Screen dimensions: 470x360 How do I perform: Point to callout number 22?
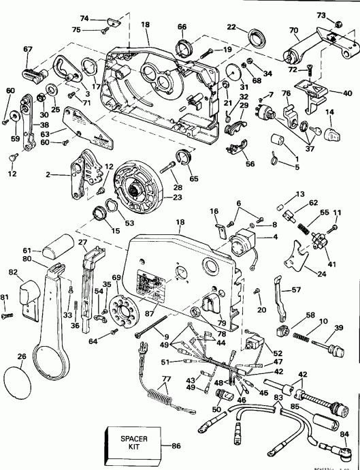(232, 27)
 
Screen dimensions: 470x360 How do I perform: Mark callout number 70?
(294, 30)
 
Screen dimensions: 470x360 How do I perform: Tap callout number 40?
(347, 93)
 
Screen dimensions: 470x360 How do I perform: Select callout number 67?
(27, 48)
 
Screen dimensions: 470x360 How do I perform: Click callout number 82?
(14, 272)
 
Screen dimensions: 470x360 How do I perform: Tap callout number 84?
(343, 435)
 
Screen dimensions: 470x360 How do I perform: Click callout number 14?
(329, 111)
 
